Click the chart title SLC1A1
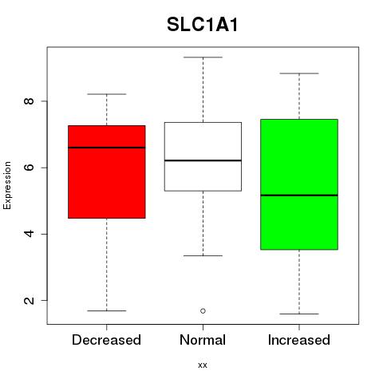point(202,25)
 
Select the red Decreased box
point(107,172)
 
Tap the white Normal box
point(203,156)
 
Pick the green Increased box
point(299,184)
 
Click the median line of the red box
point(107,148)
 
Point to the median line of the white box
point(203,160)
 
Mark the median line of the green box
point(299,195)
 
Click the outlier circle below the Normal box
point(203,310)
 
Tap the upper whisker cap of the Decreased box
point(107,94)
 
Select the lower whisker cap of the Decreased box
point(107,310)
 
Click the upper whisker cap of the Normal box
point(203,57)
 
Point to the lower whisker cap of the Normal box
point(203,255)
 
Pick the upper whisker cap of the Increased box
point(299,73)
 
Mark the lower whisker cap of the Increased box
point(299,314)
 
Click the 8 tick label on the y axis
point(29,101)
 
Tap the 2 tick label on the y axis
point(29,300)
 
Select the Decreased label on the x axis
point(106,340)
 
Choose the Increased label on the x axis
point(299,340)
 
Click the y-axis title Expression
point(7,185)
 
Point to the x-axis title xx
point(203,365)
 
